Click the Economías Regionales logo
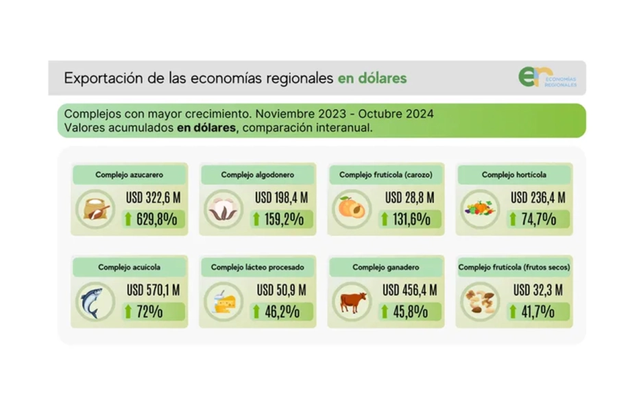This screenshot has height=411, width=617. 546,77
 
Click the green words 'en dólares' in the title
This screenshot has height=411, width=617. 372,78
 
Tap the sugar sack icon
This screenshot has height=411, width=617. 95,208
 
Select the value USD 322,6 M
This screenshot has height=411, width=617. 152,198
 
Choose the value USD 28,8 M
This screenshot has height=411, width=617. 410,198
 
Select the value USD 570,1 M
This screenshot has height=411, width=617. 152,290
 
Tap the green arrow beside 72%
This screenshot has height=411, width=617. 128,312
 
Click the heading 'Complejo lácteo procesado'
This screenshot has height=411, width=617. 258,267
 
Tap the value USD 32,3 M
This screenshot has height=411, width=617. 538,290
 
